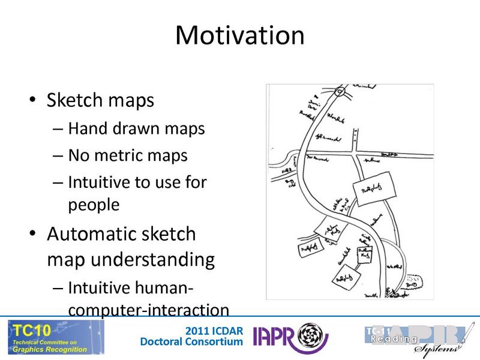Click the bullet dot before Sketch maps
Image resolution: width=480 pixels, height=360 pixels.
point(34,100)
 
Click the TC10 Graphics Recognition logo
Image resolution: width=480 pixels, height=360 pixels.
point(55,337)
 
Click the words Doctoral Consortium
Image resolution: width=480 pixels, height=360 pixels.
point(191,342)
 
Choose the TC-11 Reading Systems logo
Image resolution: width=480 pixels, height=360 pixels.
point(415,338)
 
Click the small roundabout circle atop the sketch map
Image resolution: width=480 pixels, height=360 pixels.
point(340,92)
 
